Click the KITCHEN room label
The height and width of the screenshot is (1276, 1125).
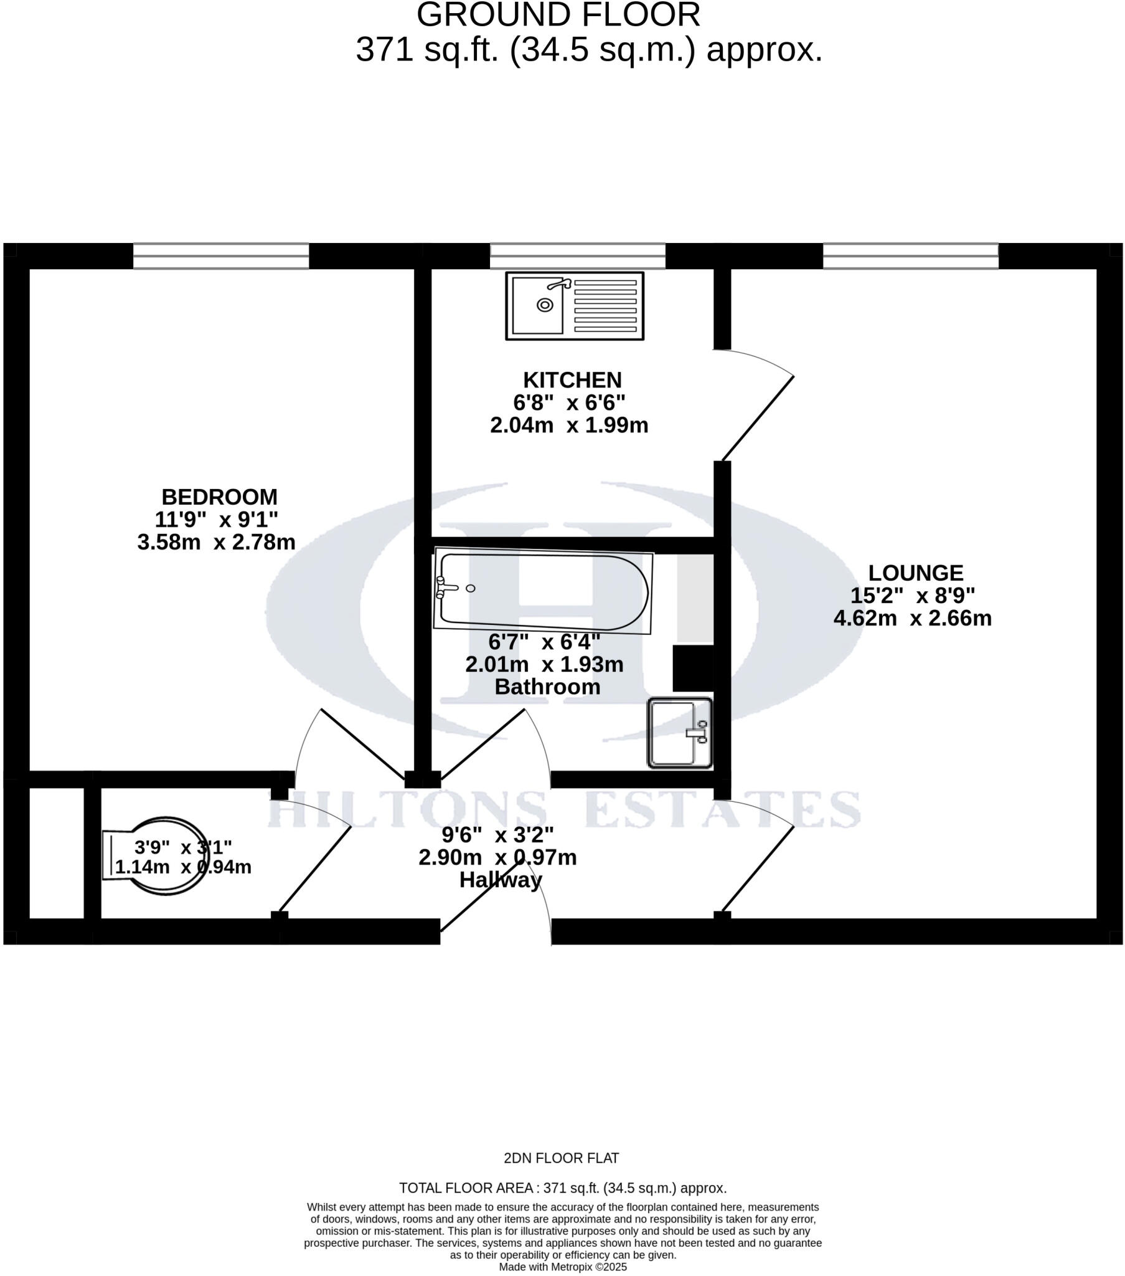(572, 380)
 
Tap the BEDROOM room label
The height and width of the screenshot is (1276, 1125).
(219, 497)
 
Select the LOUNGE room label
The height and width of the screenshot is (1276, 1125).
(915, 573)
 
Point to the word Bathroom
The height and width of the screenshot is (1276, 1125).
(547, 687)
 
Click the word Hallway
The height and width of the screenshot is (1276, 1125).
(501, 880)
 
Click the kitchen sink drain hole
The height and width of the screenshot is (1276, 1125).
(545, 305)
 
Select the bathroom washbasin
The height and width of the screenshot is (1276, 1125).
(679, 733)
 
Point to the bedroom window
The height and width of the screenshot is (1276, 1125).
(221, 256)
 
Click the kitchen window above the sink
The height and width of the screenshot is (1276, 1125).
(577, 256)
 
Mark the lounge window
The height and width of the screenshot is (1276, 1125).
(910, 256)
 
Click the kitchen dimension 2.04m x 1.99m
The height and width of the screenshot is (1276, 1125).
(569, 425)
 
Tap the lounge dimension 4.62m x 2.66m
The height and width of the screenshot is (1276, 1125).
(912, 618)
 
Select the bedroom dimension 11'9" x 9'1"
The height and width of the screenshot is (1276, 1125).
(217, 520)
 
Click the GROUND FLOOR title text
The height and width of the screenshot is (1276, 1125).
(558, 15)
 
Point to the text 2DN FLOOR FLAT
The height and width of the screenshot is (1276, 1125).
(561, 1159)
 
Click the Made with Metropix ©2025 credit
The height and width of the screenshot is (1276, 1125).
(562, 1267)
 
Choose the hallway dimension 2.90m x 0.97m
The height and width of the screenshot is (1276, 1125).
(497, 858)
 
